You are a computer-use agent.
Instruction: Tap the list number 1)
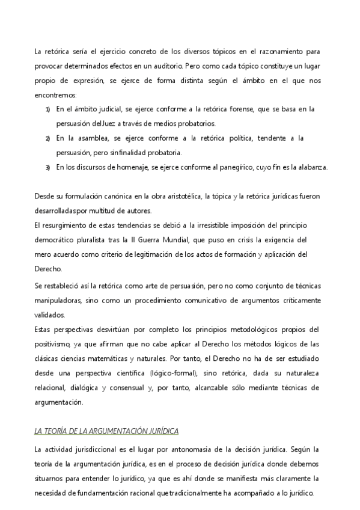point(48,109)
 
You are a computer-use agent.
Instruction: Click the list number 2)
point(48,138)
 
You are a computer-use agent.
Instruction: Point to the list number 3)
point(48,167)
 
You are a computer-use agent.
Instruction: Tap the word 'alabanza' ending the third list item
point(312,167)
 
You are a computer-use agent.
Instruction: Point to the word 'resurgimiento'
point(66,226)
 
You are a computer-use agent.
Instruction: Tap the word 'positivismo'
point(55,343)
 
